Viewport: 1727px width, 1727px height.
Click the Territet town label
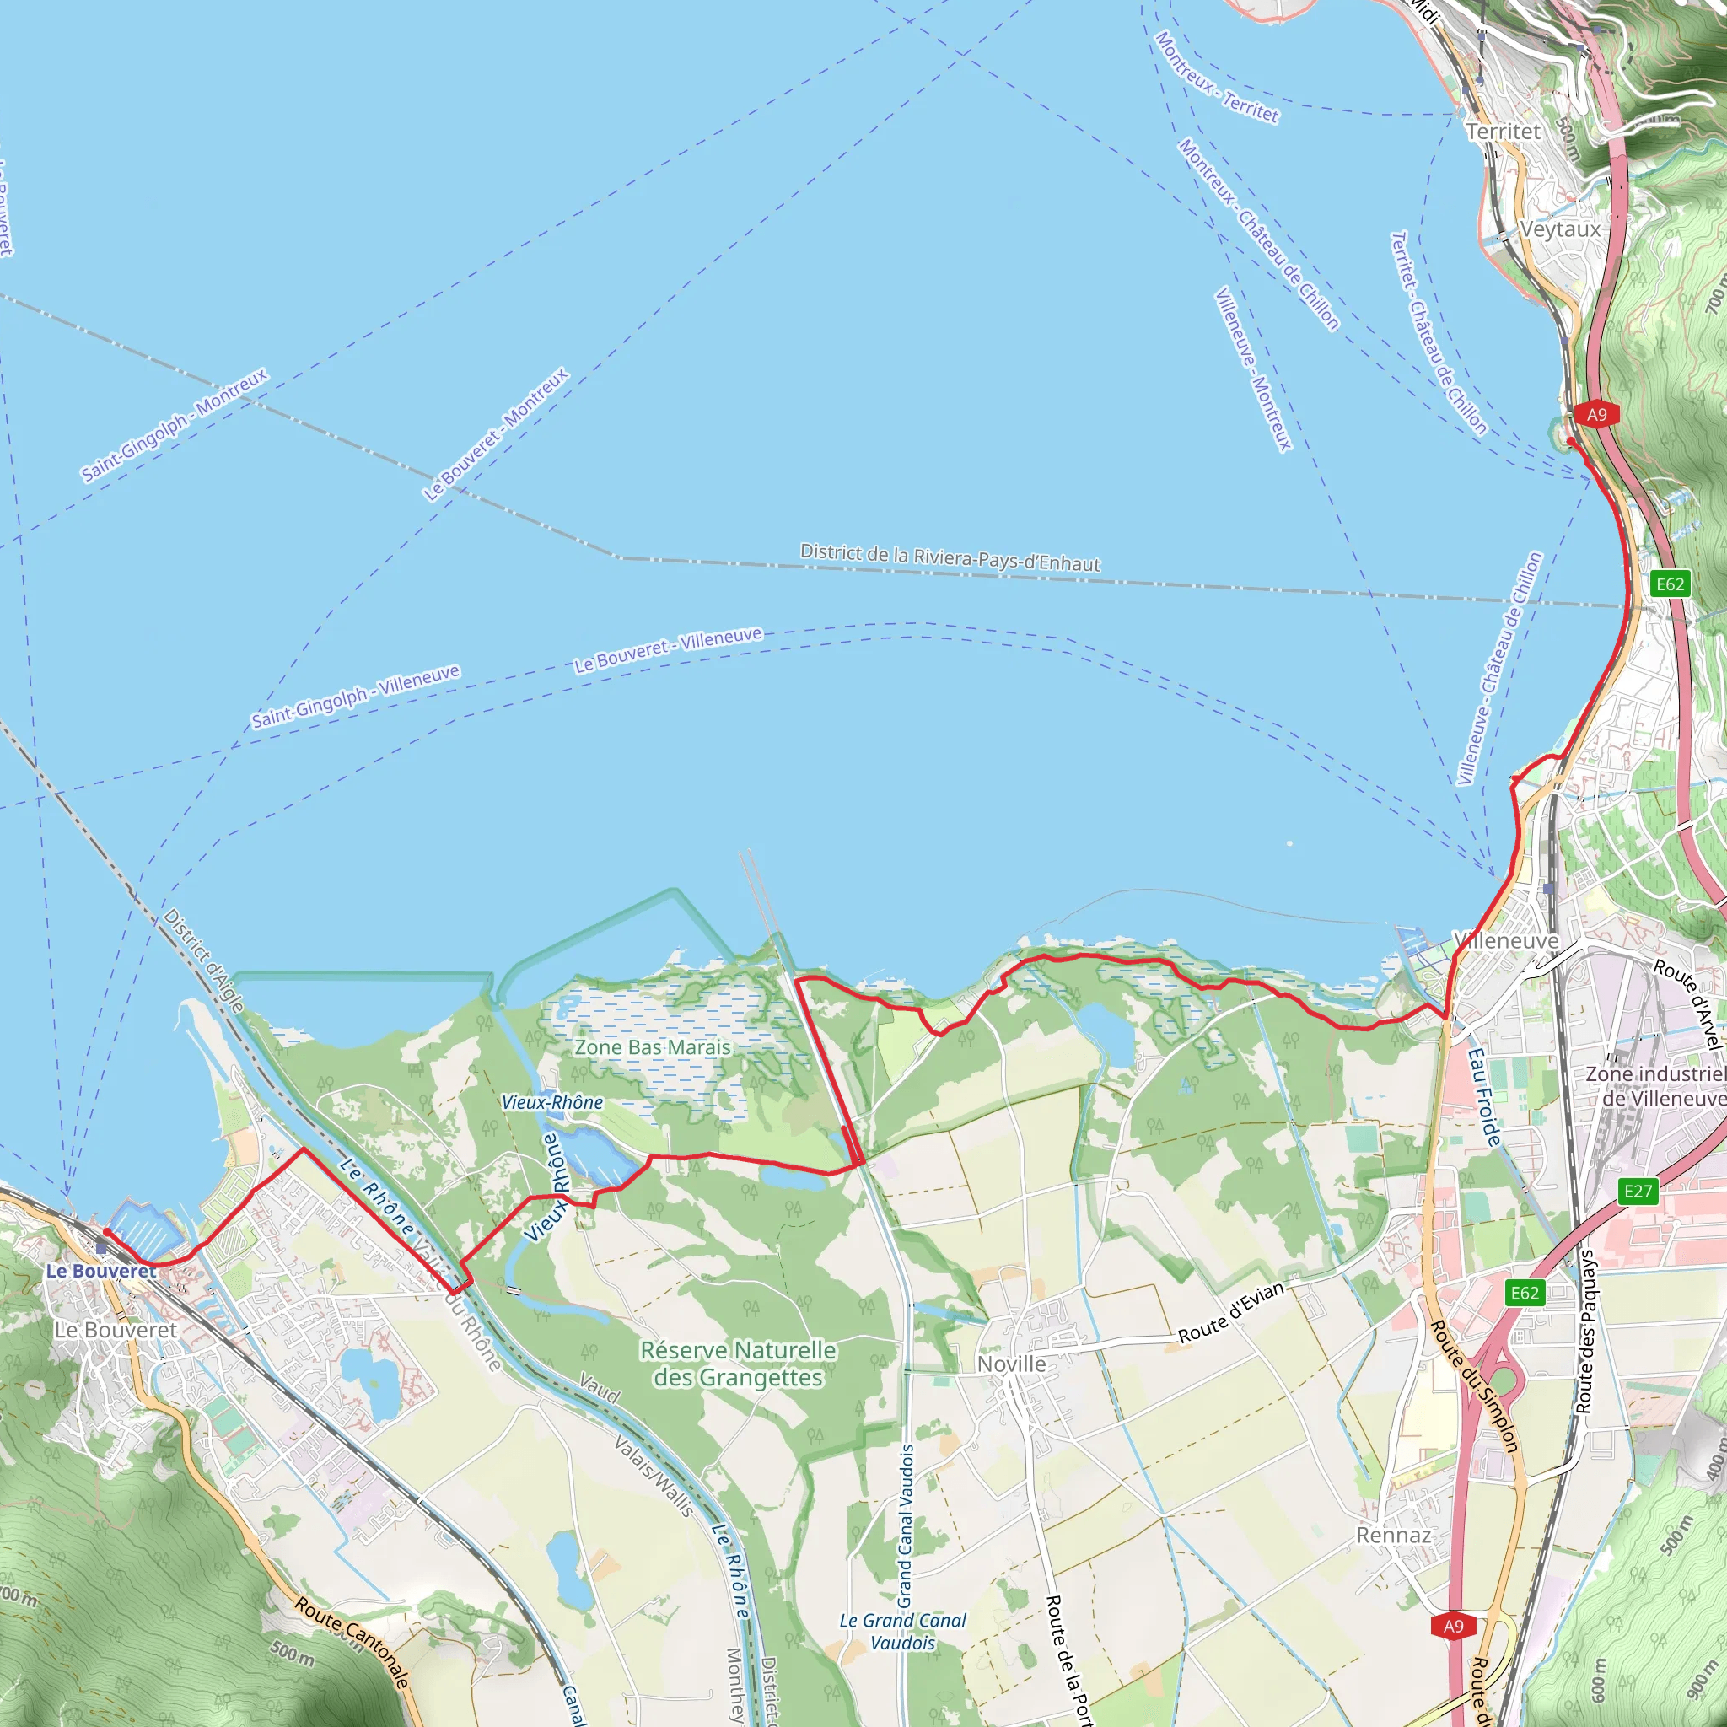[x=1504, y=132]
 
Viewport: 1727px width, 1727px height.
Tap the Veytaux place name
[x=1560, y=229]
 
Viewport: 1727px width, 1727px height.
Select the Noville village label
[x=1011, y=1364]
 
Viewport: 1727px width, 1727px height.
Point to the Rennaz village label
[x=1394, y=1535]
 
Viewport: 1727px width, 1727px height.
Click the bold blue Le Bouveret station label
[x=101, y=1271]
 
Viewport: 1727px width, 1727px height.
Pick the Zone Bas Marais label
[x=653, y=1046]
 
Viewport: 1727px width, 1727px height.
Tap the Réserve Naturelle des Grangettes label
[x=738, y=1364]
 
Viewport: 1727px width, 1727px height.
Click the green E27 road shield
[x=1638, y=1191]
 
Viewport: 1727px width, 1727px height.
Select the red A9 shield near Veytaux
[x=1596, y=414]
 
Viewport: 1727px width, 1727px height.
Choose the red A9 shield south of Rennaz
[x=1454, y=1625]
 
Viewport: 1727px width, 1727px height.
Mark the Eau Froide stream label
[x=1485, y=1098]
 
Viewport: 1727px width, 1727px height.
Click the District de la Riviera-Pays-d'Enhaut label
[x=950, y=557]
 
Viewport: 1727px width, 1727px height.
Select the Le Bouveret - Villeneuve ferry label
[x=668, y=649]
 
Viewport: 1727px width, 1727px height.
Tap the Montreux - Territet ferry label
[x=1217, y=77]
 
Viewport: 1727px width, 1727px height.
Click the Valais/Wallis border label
[x=654, y=1476]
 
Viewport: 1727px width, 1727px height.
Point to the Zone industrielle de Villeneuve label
[x=1655, y=1085]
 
